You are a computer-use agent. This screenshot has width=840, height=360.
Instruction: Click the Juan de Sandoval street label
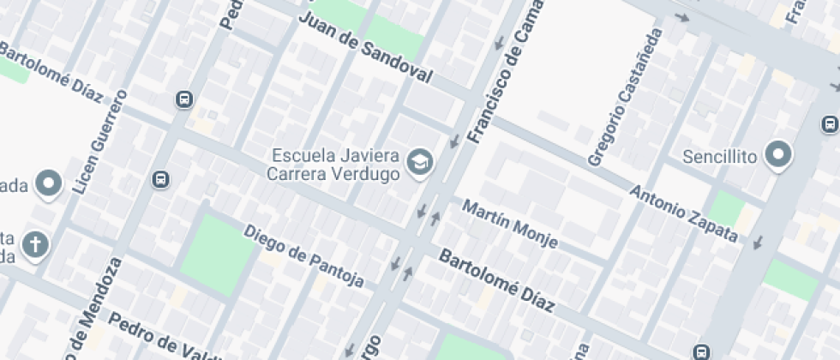(365, 49)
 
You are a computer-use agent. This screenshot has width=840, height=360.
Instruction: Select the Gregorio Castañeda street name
(626, 98)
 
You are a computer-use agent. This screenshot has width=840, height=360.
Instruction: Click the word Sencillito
(720, 157)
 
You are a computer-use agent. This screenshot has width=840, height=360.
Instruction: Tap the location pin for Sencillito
(778, 155)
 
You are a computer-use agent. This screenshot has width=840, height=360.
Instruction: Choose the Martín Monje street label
(510, 224)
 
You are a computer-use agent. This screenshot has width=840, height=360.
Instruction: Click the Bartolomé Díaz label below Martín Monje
(497, 281)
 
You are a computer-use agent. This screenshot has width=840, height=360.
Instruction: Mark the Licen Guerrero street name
(100, 141)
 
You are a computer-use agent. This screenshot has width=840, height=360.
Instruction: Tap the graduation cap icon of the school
(419, 162)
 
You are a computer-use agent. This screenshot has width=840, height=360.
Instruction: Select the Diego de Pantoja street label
(303, 256)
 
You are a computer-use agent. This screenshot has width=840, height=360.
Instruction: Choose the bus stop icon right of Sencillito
(830, 125)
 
